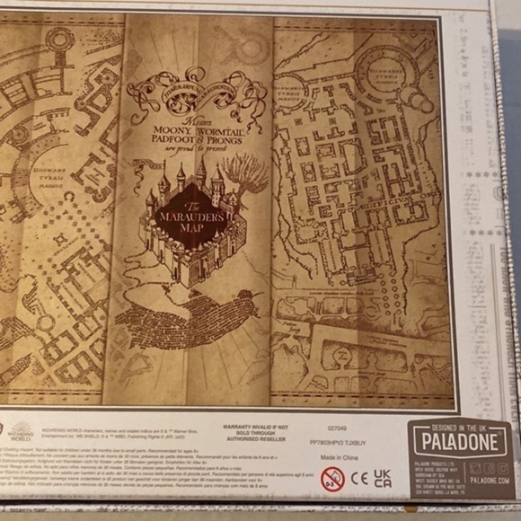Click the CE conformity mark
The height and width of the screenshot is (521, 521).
(x=360, y=477)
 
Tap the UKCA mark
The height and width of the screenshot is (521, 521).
(x=384, y=477)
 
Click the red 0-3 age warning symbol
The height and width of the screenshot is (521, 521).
(x=332, y=478)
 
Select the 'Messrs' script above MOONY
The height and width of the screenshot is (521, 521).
(x=199, y=120)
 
